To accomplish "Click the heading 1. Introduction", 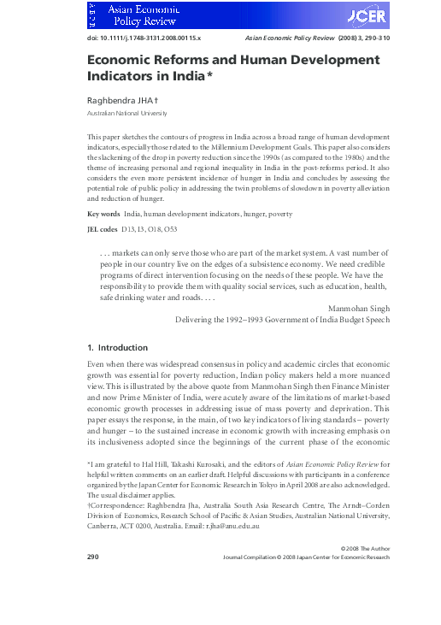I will pyautogui.click(x=118, y=348).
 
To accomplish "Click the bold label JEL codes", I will pyautogui.click(x=103, y=229).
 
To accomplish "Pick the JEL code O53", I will pyautogui.click(x=171, y=229).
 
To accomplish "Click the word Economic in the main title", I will pyautogui.click(x=123, y=62).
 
